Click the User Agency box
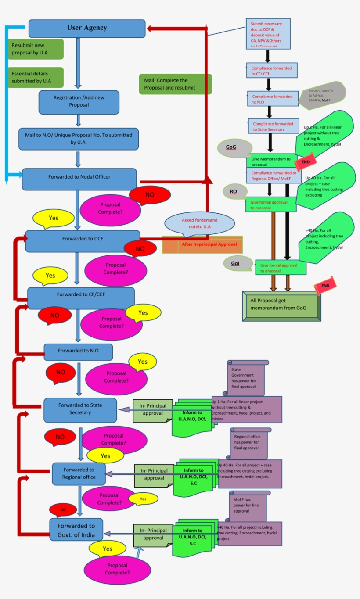click(87, 28)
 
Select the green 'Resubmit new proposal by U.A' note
click(36, 49)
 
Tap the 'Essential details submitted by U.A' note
click(36, 77)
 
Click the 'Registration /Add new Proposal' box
click(79, 101)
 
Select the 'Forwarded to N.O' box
click(78, 352)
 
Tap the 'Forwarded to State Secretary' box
click(80, 409)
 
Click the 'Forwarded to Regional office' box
click(79, 473)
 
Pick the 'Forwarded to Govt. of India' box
click(76, 530)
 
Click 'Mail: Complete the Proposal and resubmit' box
click(175, 84)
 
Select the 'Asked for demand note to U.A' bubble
click(199, 223)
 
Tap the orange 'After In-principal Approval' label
click(202, 244)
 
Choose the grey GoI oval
click(238, 263)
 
